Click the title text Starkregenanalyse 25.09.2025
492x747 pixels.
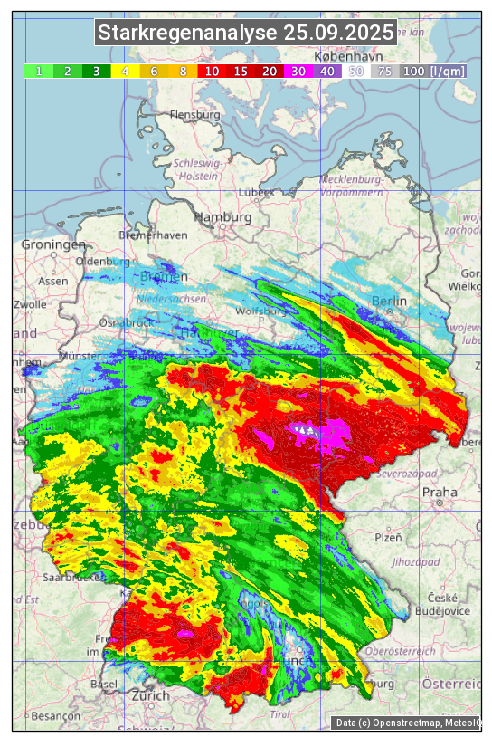246,34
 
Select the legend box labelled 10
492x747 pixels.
212,71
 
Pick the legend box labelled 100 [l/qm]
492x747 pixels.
434,71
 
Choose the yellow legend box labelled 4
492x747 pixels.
126,71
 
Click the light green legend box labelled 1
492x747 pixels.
39,71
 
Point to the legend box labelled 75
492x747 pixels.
384,71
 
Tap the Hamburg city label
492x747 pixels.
222,218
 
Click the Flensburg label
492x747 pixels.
195,116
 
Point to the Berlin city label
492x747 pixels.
390,302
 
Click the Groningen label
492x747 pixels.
53,245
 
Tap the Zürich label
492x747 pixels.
150,695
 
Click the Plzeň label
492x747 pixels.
388,537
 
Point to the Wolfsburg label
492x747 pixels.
260,311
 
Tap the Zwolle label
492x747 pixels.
30,304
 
